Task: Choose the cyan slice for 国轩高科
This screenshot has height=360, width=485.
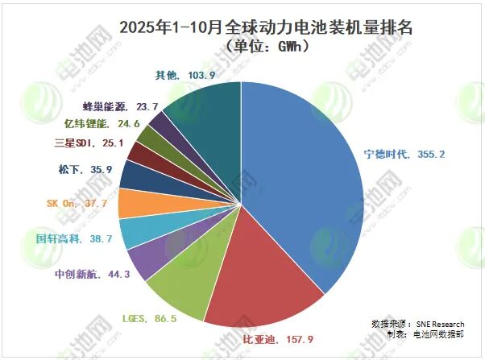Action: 132,232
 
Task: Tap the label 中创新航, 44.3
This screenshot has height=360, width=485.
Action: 79,274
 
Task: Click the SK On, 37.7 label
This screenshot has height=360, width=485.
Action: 76,204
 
